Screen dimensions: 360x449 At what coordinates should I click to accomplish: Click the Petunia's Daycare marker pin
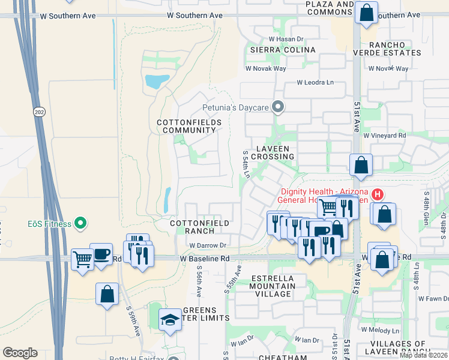point(277,107)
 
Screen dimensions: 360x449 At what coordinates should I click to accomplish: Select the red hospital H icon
point(378,194)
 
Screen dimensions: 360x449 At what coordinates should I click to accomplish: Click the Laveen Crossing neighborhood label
point(273,152)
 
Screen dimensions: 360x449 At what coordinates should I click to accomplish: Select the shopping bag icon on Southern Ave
point(366,12)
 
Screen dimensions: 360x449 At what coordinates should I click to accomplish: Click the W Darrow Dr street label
point(207,245)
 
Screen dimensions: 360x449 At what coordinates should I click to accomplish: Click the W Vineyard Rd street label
point(384,136)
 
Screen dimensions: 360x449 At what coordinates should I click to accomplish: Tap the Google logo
point(20,353)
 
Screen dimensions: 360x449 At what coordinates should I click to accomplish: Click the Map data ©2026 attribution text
point(423,355)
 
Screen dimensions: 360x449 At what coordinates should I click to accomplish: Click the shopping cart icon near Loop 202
point(82,260)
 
